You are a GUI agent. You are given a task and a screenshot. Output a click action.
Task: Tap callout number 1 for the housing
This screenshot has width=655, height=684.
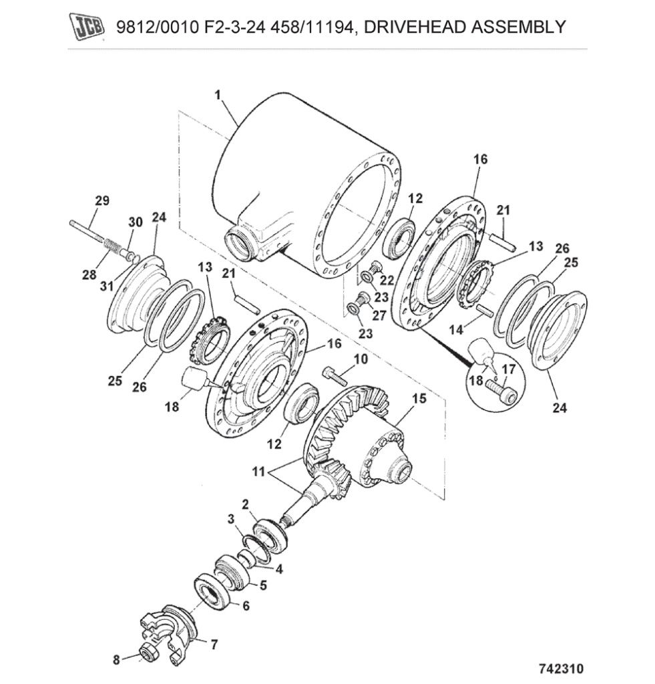[x=217, y=96]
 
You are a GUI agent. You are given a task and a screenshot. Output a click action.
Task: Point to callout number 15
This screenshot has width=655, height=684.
[x=418, y=399]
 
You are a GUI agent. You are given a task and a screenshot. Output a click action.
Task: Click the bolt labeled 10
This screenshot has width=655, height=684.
[x=336, y=375]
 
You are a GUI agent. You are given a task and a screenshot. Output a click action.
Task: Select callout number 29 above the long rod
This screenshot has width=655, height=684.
[x=102, y=200]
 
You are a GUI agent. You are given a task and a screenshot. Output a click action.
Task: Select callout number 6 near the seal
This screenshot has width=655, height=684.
[x=245, y=606]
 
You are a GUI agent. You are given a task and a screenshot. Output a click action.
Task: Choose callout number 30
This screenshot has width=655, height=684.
[x=134, y=222]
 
